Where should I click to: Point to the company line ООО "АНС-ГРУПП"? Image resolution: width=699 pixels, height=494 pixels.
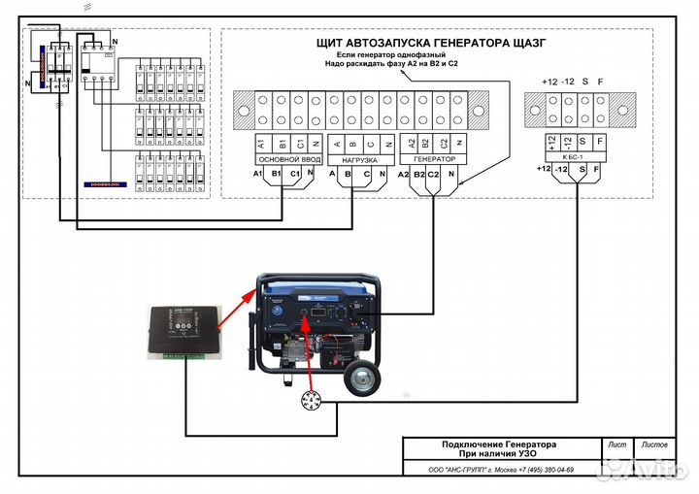coord(501,469)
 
